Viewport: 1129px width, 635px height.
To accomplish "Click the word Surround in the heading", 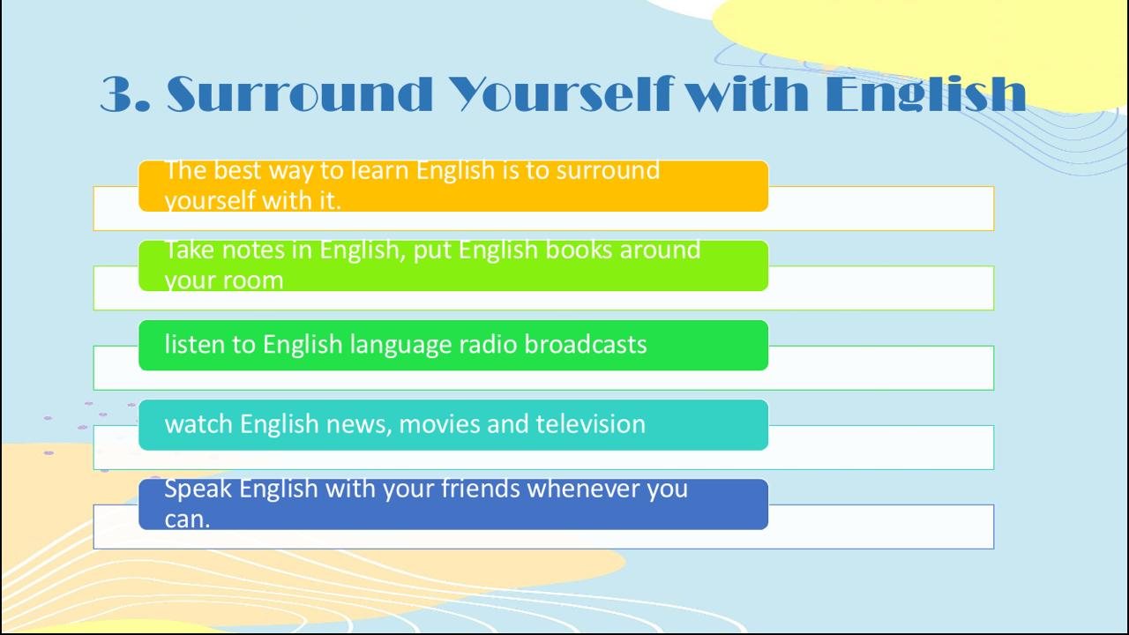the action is (300, 93).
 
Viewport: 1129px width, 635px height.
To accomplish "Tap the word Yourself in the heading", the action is (561, 93).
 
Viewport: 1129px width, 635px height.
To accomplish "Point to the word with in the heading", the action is (750, 93).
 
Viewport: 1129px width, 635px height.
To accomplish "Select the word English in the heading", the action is (926, 93).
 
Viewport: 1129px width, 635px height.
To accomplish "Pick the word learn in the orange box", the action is (380, 170).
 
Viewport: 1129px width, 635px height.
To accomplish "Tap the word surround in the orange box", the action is (608, 170).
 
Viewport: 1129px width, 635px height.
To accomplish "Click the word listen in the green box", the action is (195, 345).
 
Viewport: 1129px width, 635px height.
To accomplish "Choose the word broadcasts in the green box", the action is (586, 345).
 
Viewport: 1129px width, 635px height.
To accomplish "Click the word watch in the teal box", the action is (198, 424).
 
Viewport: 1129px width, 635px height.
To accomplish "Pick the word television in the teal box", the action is (590, 424).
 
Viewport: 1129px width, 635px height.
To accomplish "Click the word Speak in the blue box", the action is (198, 489).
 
